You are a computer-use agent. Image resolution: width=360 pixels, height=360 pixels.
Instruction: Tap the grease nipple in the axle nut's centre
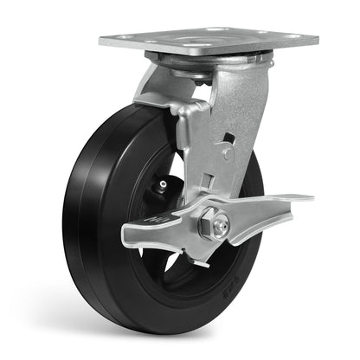click(222, 227)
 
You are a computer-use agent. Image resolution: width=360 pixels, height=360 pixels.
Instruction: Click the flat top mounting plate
click(208, 41)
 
